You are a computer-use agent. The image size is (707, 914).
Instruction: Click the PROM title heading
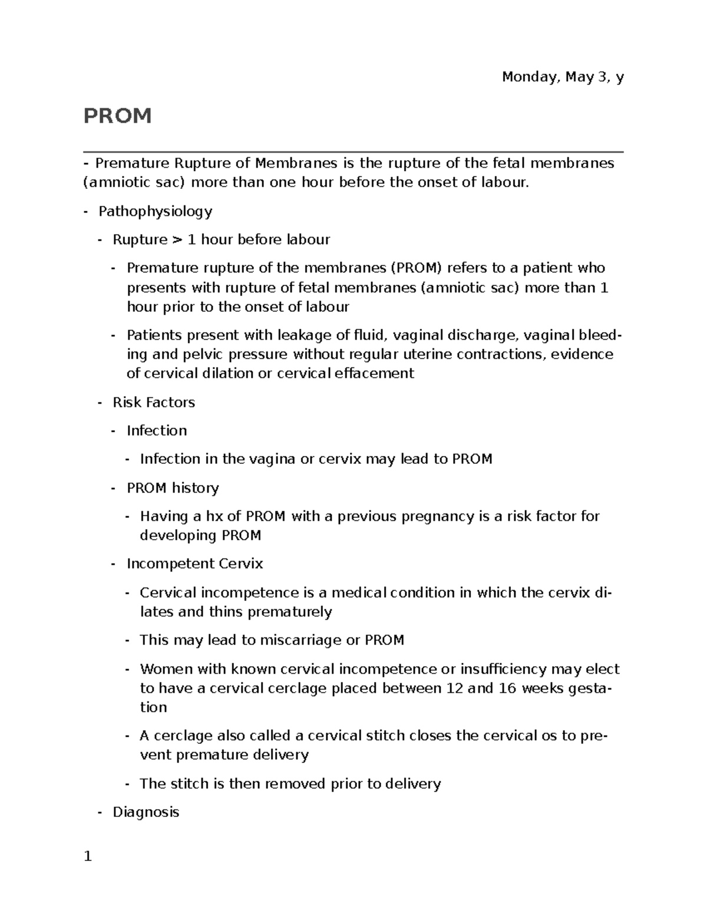[x=118, y=116]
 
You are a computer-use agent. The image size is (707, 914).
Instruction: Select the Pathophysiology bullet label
[x=155, y=211]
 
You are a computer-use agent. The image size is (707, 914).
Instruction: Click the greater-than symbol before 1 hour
[x=177, y=240]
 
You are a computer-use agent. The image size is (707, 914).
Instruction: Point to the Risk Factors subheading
[x=154, y=403]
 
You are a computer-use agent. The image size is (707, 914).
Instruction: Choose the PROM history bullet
[x=173, y=488]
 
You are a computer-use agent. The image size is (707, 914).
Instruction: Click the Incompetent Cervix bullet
[x=194, y=564]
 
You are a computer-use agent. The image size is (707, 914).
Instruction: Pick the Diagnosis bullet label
[x=146, y=812]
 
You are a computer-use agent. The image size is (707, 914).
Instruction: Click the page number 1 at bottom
[x=88, y=857]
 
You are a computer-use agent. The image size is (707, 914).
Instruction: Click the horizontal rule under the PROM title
[x=353, y=152]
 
